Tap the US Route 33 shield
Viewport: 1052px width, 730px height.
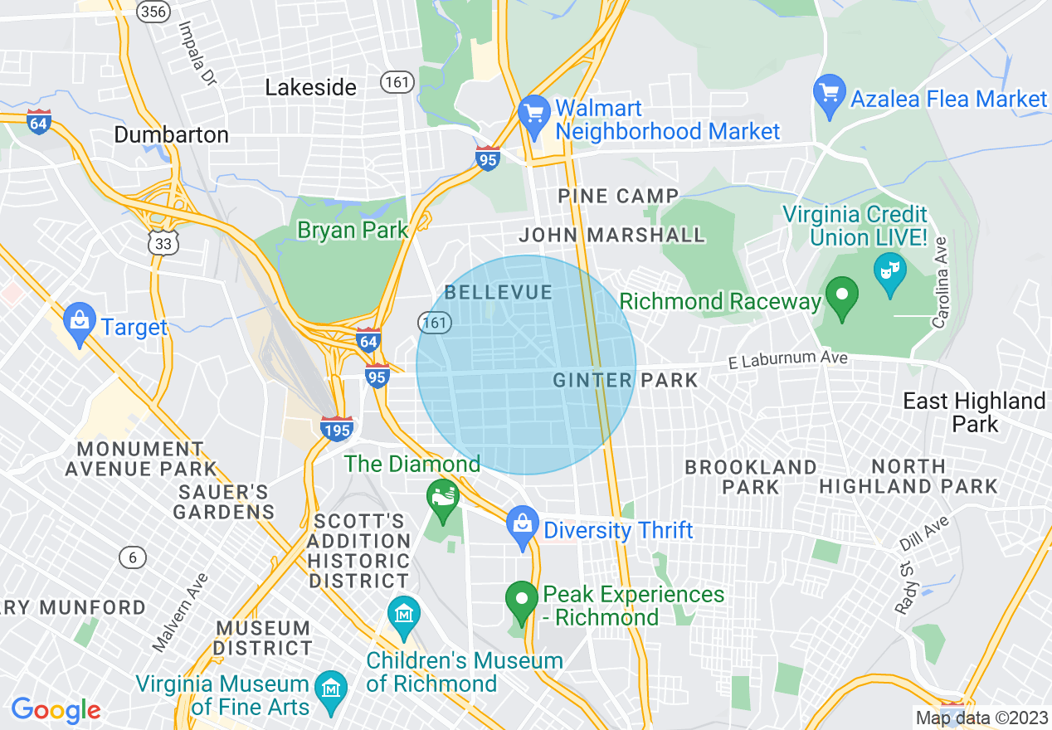pos(163,242)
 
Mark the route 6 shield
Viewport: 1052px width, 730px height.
pos(133,557)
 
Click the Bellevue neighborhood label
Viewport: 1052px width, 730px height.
pos(499,292)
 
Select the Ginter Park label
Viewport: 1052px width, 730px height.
pos(626,381)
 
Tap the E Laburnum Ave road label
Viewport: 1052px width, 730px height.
pos(787,360)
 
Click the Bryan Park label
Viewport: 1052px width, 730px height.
pos(353,230)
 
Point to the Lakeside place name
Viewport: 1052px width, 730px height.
pos(311,87)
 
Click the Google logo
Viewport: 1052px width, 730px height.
pos(56,710)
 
